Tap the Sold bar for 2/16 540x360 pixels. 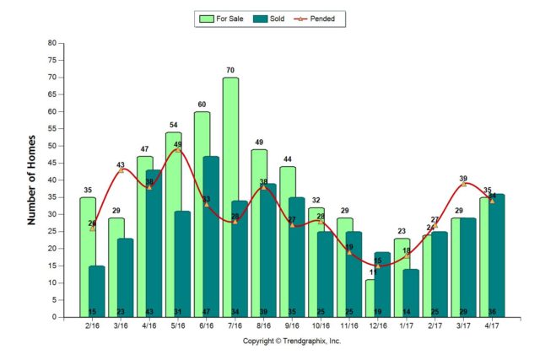(96, 291)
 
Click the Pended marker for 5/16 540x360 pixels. (178, 149)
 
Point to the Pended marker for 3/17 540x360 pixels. (463, 184)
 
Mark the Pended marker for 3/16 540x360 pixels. (121, 170)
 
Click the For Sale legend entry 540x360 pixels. (224, 18)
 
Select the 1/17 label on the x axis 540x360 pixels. (402, 326)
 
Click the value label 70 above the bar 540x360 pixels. (230, 70)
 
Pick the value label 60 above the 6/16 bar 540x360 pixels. (202, 105)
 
